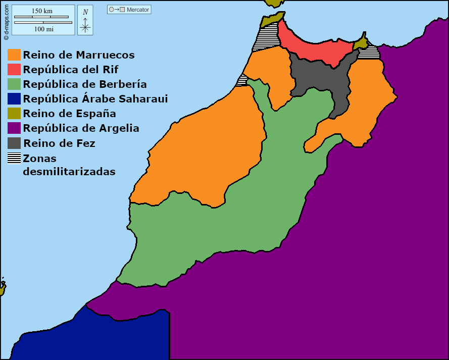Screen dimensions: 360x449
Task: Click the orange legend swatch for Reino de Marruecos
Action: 14,55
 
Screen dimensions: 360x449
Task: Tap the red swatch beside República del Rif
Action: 14,70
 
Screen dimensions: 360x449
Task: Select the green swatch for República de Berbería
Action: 14,84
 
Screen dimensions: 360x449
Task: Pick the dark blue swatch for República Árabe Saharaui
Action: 14,99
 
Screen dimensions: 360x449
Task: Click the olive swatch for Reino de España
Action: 14,114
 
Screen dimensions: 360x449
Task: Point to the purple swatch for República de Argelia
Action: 14,128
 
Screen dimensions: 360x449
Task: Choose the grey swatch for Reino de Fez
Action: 14,143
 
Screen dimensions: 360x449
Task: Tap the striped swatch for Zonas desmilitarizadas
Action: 14,158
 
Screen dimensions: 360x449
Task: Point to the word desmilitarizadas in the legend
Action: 69,172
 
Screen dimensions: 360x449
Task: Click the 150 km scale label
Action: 42,11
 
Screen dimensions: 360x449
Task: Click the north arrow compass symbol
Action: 85,21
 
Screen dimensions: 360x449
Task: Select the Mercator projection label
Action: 138,10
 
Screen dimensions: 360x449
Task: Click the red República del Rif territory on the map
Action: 313,48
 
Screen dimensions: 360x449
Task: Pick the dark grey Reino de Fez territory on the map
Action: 318,78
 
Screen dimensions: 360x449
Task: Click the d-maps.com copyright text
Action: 6,21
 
